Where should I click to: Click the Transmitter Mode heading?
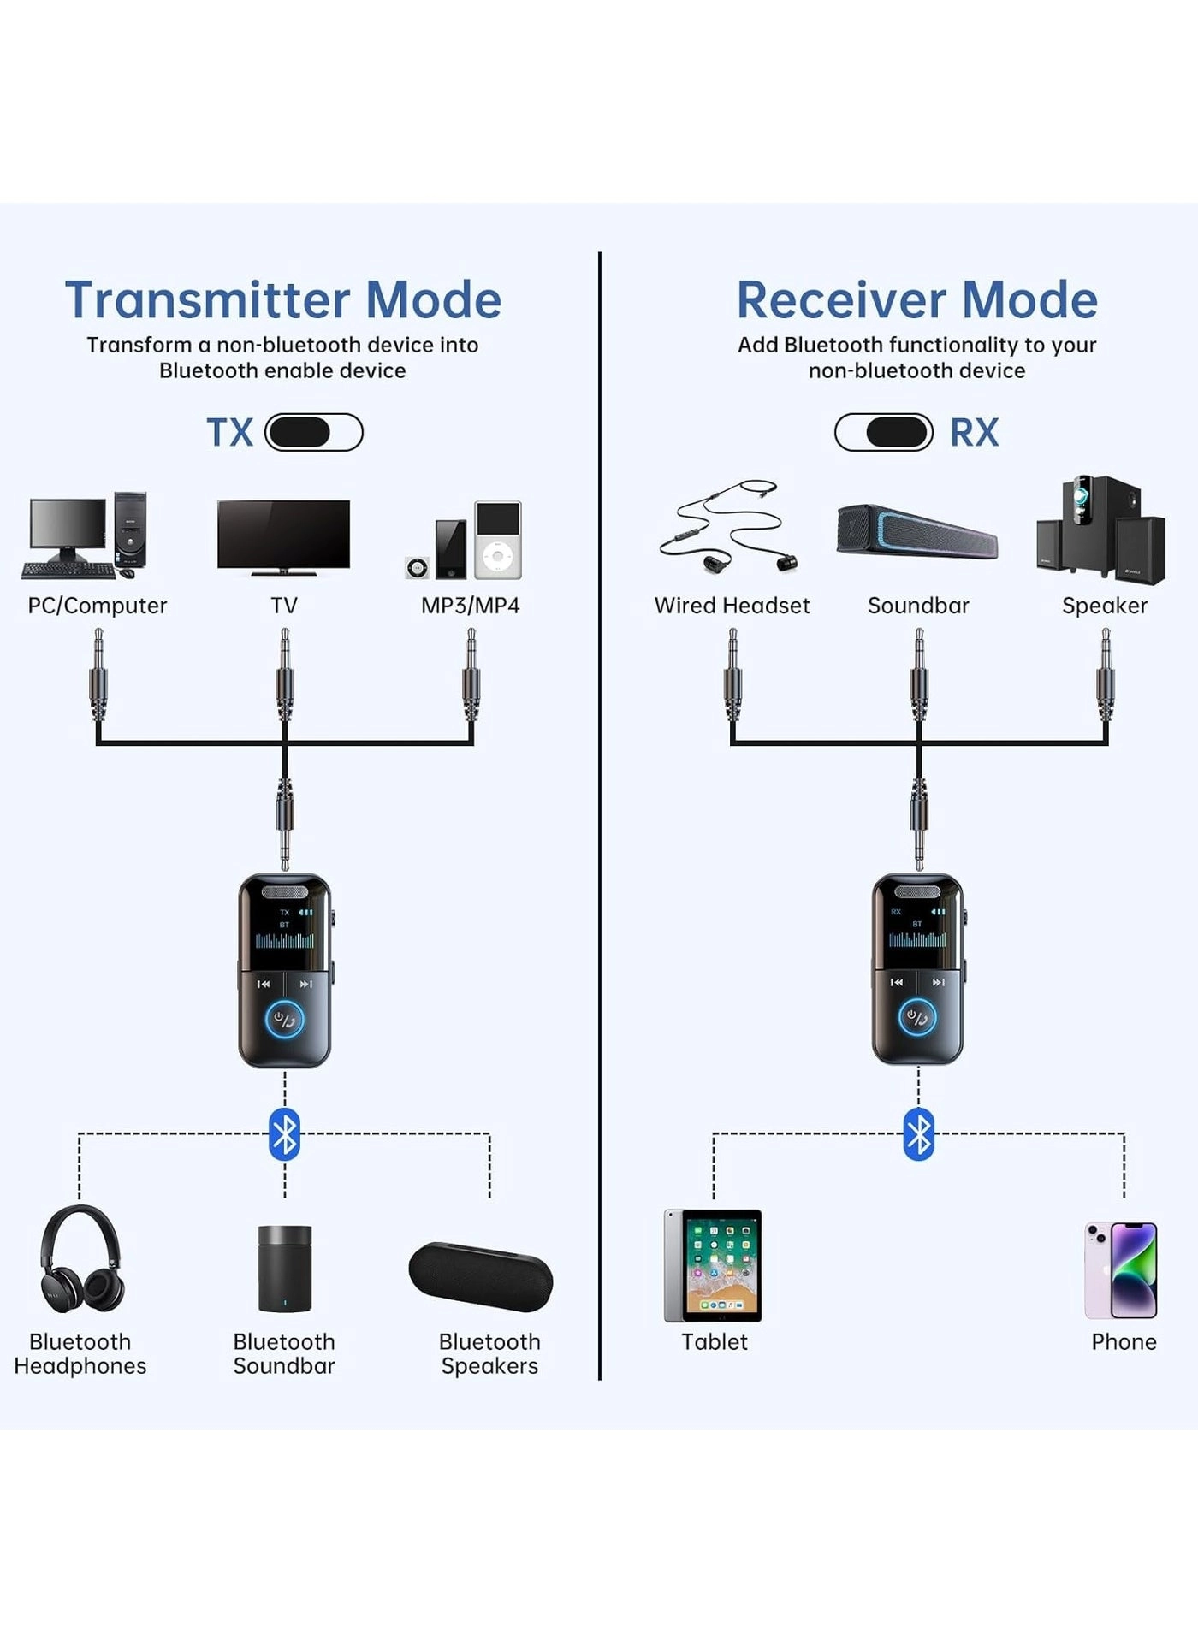[x=283, y=300]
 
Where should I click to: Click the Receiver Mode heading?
[x=916, y=300]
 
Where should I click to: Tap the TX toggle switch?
[x=313, y=432]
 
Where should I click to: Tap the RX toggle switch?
[x=884, y=432]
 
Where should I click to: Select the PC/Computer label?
[x=97, y=606]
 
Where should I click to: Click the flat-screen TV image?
[x=283, y=535]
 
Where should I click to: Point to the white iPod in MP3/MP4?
[x=498, y=540]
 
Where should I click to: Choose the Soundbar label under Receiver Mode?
[x=918, y=606]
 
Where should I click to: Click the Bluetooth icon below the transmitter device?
[x=284, y=1134]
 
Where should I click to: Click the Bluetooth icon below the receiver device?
[x=918, y=1134]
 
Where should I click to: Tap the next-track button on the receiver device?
[x=939, y=982]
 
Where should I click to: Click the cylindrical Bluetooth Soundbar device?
[x=284, y=1268]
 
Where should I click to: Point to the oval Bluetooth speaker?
[x=481, y=1276]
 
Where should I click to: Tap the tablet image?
[x=713, y=1264]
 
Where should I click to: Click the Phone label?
[x=1123, y=1341]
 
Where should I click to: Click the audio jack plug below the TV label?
[x=284, y=676]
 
